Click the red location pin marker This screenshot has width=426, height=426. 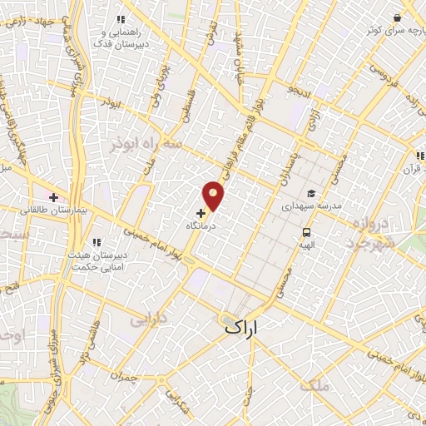[x=214, y=195]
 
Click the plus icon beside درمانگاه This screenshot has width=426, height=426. [x=201, y=213]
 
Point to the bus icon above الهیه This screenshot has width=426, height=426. [x=307, y=233]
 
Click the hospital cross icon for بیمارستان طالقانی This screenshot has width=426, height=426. [x=54, y=198]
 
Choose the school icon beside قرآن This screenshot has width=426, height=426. [x=420, y=155]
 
